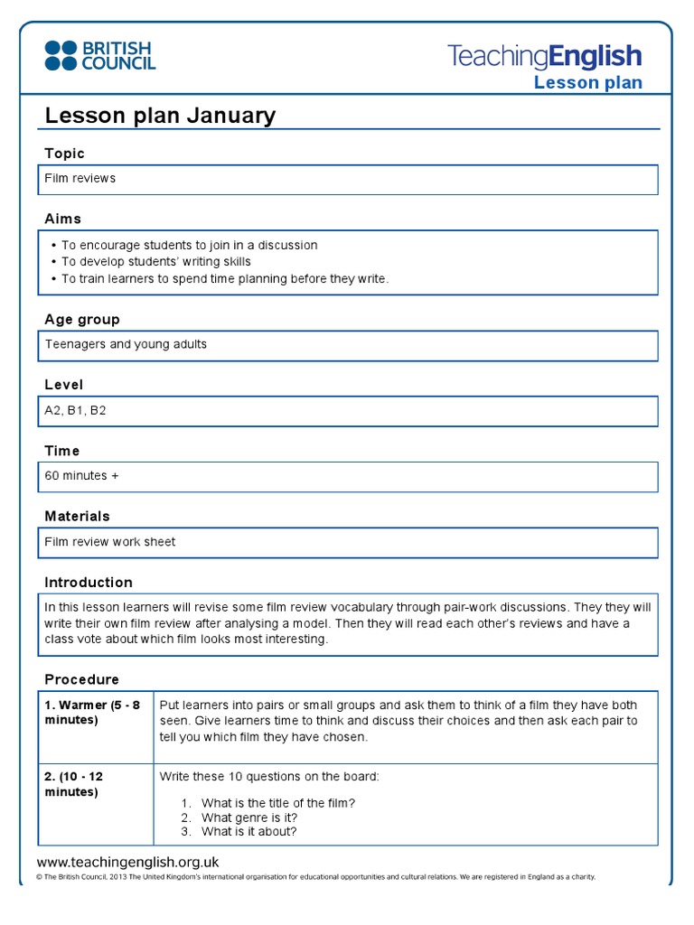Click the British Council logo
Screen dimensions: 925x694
pyautogui.click(x=99, y=55)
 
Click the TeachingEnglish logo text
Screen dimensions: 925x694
pyautogui.click(x=544, y=56)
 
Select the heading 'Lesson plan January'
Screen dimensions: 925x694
pyautogui.click(x=160, y=116)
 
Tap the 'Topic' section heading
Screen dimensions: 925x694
pyautogui.click(x=64, y=154)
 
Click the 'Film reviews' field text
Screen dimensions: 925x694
pyautogui.click(x=80, y=179)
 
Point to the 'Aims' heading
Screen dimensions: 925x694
pyautogui.click(x=62, y=219)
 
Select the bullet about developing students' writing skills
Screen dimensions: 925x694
pyautogui.click(x=155, y=262)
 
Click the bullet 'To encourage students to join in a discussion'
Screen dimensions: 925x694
pyautogui.click(x=189, y=246)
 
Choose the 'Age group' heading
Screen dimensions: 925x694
pyautogui.click(x=81, y=320)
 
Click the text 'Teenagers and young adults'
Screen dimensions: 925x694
pyautogui.click(x=126, y=345)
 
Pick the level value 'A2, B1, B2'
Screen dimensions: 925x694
pyautogui.click(x=75, y=410)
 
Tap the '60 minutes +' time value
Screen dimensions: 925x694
pyautogui.click(x=81, y=476)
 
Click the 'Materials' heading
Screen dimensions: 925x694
pyautogui.click(x=77, y=517)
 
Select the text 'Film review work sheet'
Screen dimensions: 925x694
pyautogui.click(x=110, y=542)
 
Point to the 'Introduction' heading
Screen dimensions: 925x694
pyautogui.click(x=89, y=583)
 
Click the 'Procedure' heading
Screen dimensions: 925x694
pyautogui.click(x=81, y=679)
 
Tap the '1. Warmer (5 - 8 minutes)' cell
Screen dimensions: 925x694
pyautogui.click(x=94, y=713)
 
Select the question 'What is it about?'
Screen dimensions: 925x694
pyautogui.click(x=249, y=832)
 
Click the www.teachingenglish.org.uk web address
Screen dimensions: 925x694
pyautogui.click(x=127, y=863)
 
